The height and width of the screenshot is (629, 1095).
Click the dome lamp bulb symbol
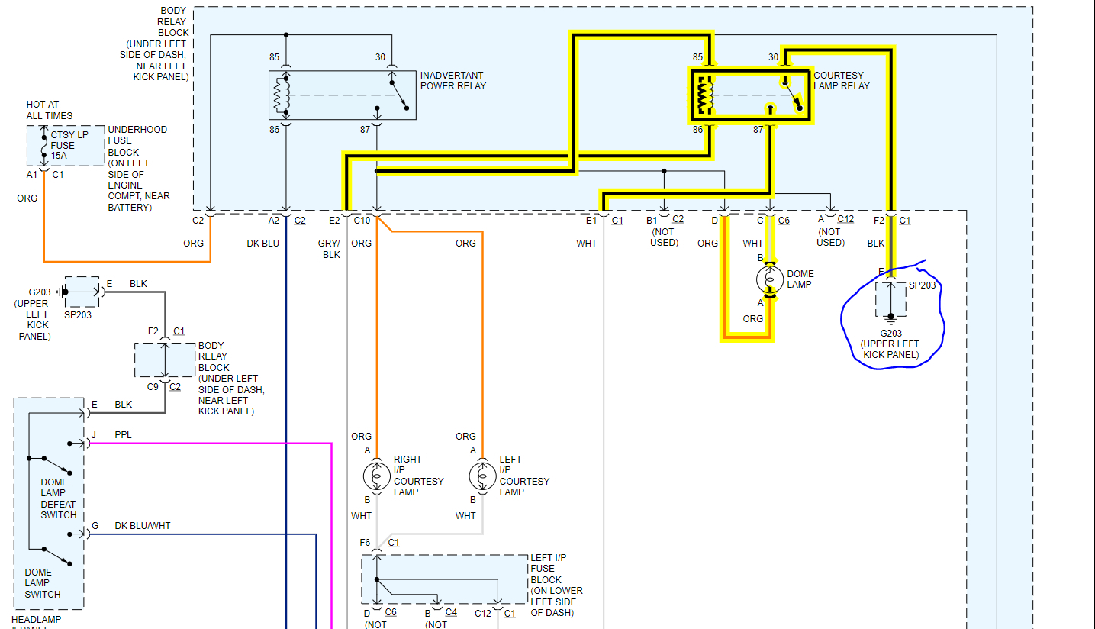click(770, 279)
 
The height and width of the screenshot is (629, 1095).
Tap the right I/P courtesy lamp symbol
click(377, 476)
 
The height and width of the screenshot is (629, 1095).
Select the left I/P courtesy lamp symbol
click(482, 476)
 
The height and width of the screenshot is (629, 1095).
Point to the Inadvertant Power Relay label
click(452, 81)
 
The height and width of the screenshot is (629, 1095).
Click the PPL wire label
click(123, 435)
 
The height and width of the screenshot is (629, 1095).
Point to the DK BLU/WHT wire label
click(143, 526)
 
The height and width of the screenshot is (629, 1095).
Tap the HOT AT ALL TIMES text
click(50, 110)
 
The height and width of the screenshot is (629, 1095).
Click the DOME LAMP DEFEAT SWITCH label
click(59, 498)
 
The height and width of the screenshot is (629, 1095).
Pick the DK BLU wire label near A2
click(263, 244)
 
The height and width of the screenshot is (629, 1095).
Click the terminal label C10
click(362, 221)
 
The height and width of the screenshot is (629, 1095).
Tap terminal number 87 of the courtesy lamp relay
click(758, 130)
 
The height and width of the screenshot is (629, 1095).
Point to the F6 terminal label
click(365, 543)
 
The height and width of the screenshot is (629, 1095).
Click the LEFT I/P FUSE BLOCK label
click(556, 585)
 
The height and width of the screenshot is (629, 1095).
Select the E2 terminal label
click(334, 221)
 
